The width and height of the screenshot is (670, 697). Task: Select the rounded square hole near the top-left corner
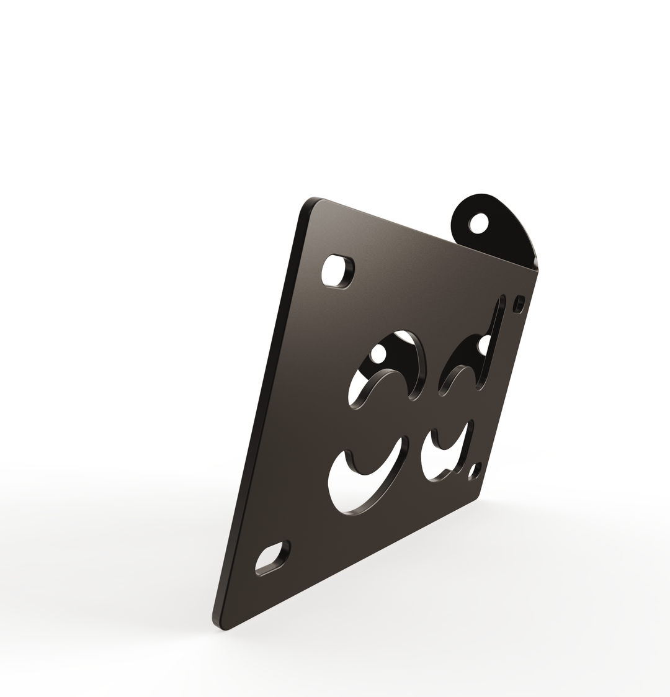pos(337,271)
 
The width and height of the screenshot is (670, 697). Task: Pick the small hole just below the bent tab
pos(519,304)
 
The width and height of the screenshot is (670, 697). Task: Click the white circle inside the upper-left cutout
pos(377,354)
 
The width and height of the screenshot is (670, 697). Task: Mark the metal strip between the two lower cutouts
pos(414,462)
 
